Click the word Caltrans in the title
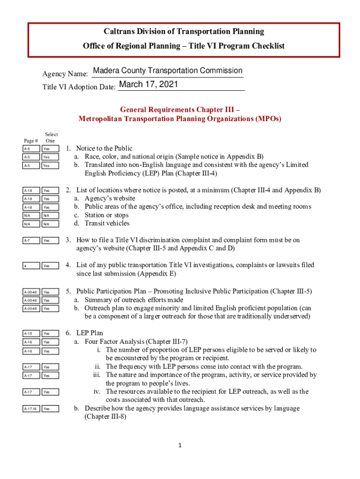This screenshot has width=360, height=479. [118, 31]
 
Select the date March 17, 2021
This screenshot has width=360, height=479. [148, 85]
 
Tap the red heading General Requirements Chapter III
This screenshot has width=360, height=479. [180, 109]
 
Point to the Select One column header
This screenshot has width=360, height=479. [50, 138]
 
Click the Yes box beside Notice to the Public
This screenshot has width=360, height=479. [50, 149]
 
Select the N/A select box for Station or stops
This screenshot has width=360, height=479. [50, 216]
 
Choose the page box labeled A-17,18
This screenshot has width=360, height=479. [29, 409]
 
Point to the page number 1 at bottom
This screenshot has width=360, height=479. [180, 444]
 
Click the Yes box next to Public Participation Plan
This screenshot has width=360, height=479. [50, 292]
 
